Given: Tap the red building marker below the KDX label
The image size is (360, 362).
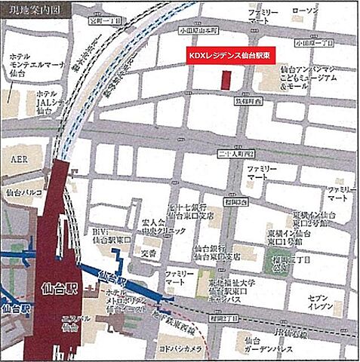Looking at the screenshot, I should pos(226,81).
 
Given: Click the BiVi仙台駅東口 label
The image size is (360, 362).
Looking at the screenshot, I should pos(113,234).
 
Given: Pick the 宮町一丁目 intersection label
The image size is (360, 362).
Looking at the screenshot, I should pos(105,22).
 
